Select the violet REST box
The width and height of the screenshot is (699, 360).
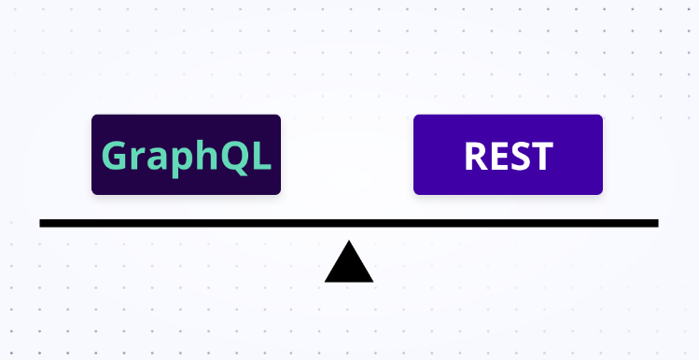click(508, 154)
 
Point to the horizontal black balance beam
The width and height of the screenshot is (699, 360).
click(348, 223)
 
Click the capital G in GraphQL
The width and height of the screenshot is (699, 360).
click(114, 155)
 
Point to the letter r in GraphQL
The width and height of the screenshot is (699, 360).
click(138, 158)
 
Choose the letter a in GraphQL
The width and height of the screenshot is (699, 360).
click(159, 158)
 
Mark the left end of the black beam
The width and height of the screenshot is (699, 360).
click(42, 223)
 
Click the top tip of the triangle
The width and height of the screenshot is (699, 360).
click(349, 242)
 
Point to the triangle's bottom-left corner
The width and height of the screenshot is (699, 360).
click(327, 280)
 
